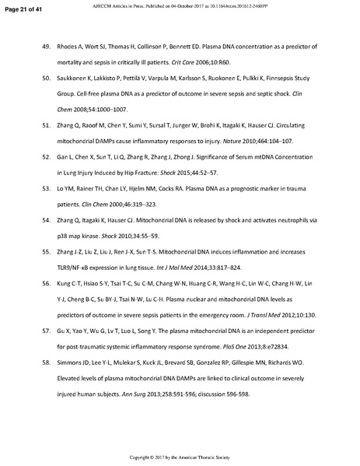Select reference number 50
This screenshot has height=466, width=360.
click(x=46, y=80)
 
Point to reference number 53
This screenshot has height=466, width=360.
click(x=46, y=190)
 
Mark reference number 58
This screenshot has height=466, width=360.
click(x=46, y=363)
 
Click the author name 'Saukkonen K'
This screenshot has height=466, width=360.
click(x=81, y=80)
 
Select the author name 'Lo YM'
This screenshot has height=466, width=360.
click(x=69, y=190)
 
